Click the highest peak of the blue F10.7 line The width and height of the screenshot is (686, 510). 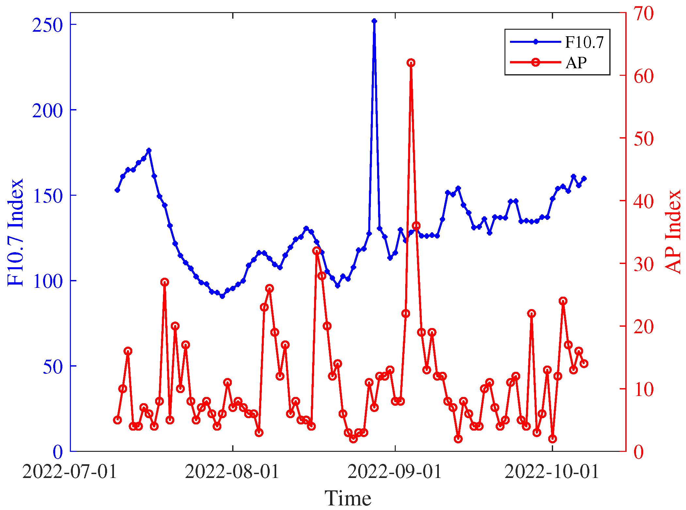374,21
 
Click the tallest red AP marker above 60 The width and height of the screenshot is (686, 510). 411,63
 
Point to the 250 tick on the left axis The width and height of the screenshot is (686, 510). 47,25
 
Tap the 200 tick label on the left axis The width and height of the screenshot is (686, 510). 47,110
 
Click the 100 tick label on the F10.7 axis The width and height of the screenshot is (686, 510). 47,281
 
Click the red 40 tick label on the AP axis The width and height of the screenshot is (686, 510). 643,201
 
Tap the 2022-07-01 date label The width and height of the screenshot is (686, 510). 70,471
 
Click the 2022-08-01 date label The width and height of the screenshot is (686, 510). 232,471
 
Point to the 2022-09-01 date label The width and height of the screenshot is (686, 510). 395,471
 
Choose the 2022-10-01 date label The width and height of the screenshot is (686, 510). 552,471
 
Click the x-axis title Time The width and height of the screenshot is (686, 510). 348,498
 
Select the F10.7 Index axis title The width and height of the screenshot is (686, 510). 16,232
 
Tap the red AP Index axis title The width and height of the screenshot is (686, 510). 673,232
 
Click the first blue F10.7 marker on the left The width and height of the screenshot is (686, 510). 118,190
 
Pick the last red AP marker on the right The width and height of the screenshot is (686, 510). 584,364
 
